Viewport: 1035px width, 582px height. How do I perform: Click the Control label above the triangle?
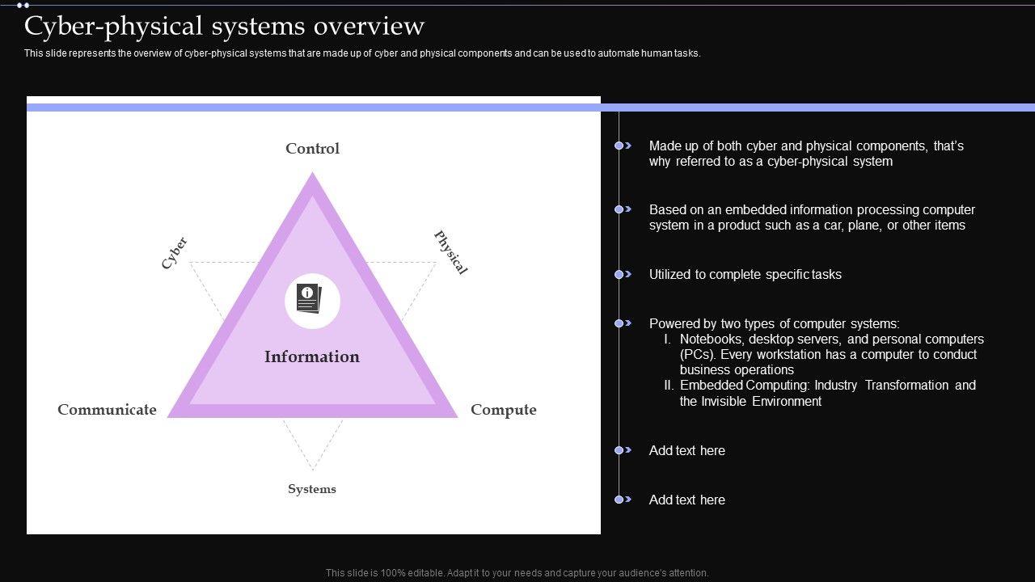(x=312, y=149)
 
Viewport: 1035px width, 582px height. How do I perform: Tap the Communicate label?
(x=107, y=410)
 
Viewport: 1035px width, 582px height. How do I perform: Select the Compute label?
(x=503, y=410)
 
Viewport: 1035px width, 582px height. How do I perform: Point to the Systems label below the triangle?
(x=312, y=489)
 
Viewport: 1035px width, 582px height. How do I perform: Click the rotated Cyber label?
(x=174, y=253)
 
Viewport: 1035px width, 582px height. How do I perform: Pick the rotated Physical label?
(x=451, y=252)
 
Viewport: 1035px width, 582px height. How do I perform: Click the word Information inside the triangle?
(x=312, y=356)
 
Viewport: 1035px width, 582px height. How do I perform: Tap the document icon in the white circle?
(x=309, y=299)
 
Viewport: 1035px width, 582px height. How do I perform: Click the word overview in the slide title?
(x=369, y=26)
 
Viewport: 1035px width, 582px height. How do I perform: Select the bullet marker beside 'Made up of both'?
(x=621, y=145)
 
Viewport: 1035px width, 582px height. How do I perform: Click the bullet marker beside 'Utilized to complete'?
(x=621, y=275)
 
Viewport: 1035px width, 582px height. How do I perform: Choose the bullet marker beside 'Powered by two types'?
(x=621, y=323)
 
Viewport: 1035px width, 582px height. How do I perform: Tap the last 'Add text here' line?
(x=686, y=500)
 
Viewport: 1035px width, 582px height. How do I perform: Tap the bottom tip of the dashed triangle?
(x=313, y=470)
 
